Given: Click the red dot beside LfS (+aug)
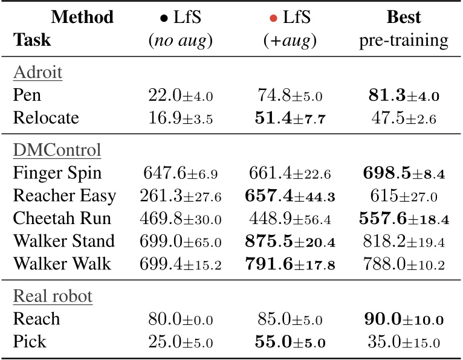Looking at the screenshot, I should pos(273,19).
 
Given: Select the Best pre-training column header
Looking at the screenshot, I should pos(404,28).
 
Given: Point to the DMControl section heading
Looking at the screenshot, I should pos(56,149).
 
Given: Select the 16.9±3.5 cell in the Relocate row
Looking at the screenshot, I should pos(180,118).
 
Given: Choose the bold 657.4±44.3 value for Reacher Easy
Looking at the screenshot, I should pos(291,196).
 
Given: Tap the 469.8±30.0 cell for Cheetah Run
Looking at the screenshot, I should pos(180,219).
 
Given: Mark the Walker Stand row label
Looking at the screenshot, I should pos(63,242).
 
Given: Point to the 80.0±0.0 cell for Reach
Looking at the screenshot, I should pos(180,319).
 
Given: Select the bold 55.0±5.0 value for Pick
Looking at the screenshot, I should pos(291,342).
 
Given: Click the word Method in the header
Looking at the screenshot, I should pos(83,18).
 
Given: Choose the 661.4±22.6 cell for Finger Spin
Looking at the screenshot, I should pos(291,173).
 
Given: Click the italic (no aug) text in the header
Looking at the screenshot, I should pos(180,41).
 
